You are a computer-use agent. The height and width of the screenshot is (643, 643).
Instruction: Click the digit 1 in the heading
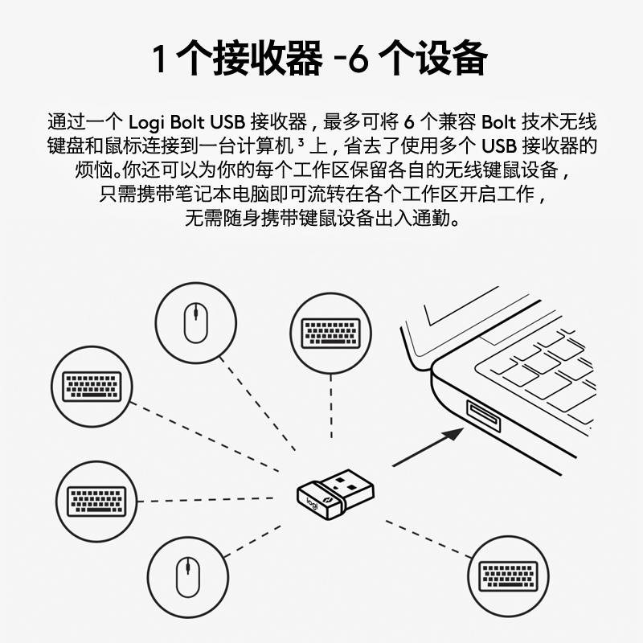pos(164,59)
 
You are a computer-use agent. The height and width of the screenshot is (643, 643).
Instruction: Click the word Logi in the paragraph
pos(146,123)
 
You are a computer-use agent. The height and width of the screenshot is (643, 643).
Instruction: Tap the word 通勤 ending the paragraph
pos(441,219)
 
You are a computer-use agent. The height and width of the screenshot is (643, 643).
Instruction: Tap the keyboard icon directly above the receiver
pos(330,333)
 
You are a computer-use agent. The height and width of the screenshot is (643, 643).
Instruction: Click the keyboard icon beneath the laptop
pos(508,575)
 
